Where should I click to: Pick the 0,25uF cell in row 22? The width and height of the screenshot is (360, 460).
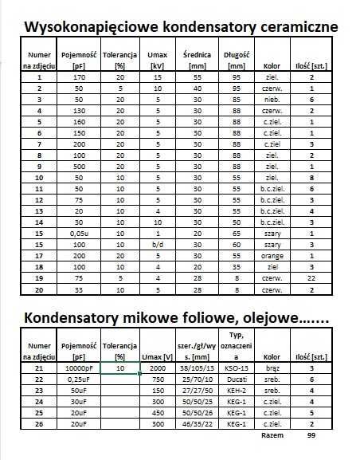tap(77, 381)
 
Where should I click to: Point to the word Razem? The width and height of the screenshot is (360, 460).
tap(272, 437)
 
